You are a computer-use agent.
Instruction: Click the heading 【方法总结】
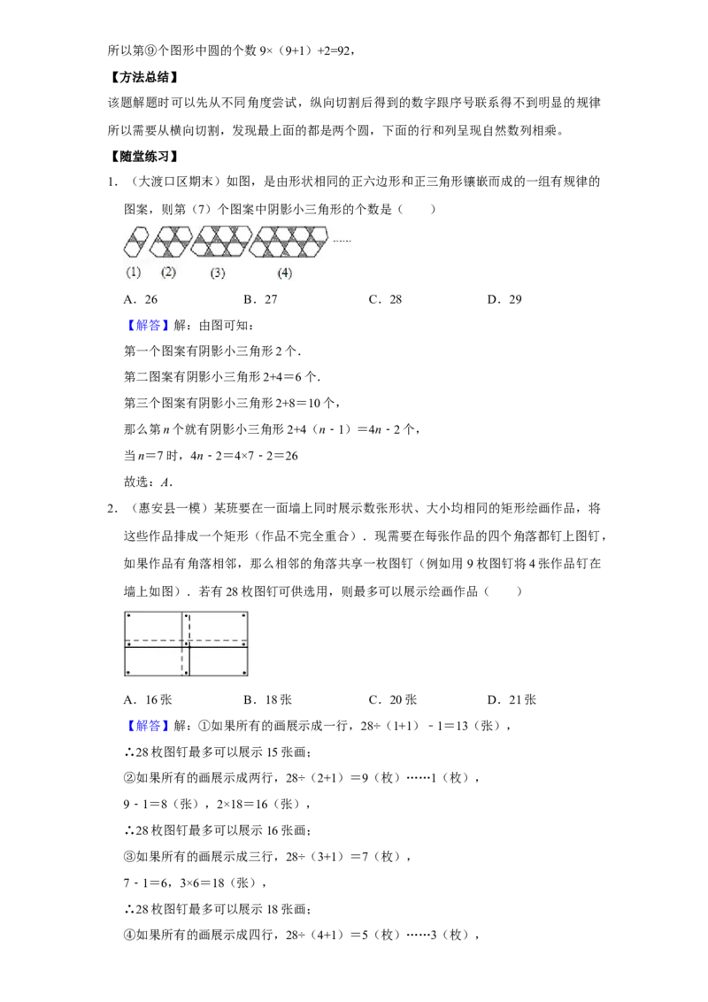pos(143,77)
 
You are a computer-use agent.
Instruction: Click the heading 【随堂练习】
pos(143,157)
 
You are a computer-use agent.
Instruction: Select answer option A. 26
pos(141,299)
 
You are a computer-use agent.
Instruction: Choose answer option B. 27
pos(261,299)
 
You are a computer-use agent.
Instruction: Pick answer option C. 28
pos(385,299)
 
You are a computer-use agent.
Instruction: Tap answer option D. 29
pos(504,299)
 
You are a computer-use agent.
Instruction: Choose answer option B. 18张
pos(268,700)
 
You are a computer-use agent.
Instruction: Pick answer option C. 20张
pos(392,700)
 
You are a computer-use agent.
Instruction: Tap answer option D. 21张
pos(512,700)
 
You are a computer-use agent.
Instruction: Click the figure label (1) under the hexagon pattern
pos(133,273)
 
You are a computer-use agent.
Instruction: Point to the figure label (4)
pos(284,273)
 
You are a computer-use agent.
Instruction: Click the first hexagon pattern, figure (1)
pos(135,242)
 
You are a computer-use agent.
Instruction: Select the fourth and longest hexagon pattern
pos(289,242)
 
